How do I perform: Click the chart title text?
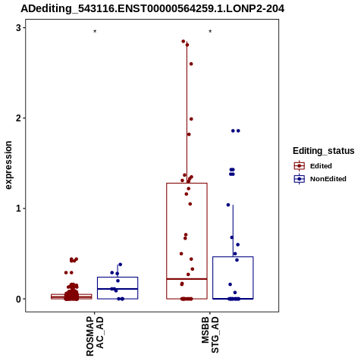coord(152,9)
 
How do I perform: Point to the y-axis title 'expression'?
coord(8,165)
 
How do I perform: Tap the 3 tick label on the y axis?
coord(18,28)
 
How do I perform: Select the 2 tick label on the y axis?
coord(18,118)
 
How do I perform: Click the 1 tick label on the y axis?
coord(18,209)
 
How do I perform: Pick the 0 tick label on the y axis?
coord(18,299)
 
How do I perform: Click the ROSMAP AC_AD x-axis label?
coord(95,336)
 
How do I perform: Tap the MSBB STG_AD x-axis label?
coord(210,335)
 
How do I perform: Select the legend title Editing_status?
coord(324,151)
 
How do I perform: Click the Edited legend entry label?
coord(321,166)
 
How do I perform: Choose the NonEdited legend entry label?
coord(328,179)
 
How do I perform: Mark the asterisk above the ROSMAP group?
coord(95,32)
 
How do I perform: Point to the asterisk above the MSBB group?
coord(210,32)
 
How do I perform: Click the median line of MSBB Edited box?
coord(187,279)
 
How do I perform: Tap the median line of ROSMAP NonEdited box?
coord(118,289)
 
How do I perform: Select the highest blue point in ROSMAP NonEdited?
coord(121,265)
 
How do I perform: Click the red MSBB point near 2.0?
coord(191,119)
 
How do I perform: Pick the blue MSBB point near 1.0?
coord(228,205)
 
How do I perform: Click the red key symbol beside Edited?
coord(300,166)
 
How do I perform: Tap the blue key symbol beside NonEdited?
coord(300,179)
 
